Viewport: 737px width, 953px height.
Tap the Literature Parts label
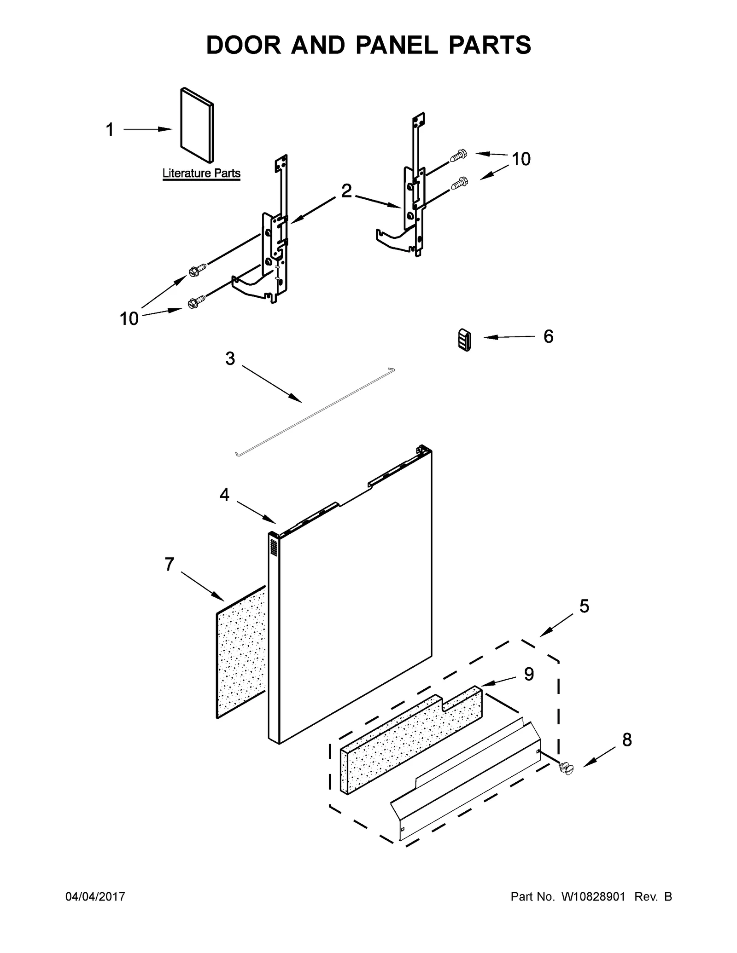[201, 173]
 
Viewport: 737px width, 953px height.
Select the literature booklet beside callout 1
[197, 125]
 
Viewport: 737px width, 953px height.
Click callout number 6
[548, 336]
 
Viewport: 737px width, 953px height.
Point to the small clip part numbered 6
[465, 340]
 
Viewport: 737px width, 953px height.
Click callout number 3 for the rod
[230, 358]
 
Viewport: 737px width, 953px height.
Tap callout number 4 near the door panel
[224, 495]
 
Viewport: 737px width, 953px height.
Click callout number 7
[169, 564]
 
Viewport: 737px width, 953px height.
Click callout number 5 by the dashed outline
[584, 606]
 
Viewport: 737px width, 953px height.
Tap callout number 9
[529, 674]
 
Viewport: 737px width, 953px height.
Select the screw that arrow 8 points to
[566, 768]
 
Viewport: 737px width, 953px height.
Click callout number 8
[627, 740]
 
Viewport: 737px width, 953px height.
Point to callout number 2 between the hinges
[346, 191]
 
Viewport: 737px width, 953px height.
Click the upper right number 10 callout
[521, 159]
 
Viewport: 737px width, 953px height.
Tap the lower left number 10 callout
[129, 318]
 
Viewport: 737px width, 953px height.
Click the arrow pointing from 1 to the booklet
[147, 130]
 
